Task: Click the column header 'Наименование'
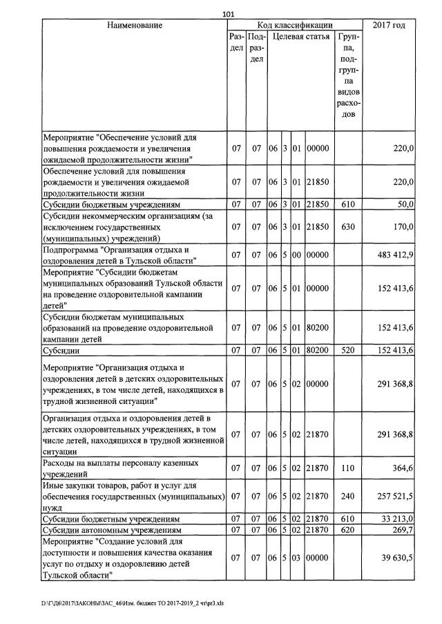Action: click(135, 26)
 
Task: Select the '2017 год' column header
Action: click(388, 26)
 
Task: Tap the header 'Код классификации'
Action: click(294, 26)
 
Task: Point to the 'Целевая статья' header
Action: click(301, 37)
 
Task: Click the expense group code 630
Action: click(348, 225)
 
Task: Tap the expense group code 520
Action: click(348, 351)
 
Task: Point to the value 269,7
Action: click(401, 529)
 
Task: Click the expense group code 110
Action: click(348, 468)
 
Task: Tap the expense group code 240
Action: click(348, 496)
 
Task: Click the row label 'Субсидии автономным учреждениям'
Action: click(111, 529)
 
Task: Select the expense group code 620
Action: click(348, 529)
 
